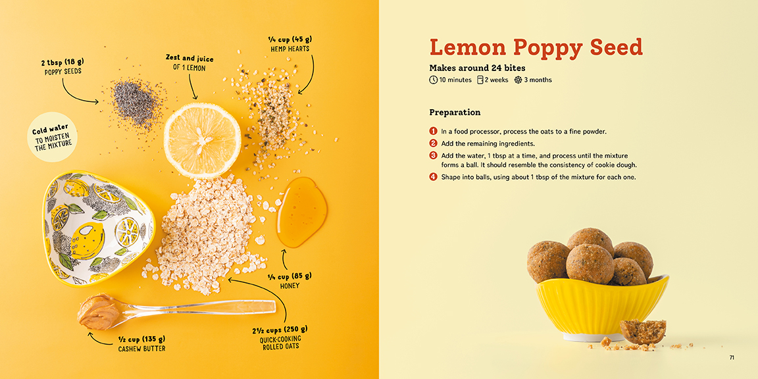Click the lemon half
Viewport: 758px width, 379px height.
(x=202, y=140)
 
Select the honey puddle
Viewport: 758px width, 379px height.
(x=301, y=212)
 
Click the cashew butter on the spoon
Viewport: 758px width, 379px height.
(x=98, y=311)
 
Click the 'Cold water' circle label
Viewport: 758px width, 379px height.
(x=52, y=138)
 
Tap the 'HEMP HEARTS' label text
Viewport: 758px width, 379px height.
(x=290, y=49)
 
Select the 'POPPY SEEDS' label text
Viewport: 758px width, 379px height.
(x=63, y=72)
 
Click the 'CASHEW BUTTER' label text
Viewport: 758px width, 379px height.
(x=141, y=349)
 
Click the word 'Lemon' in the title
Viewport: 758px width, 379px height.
(x=467, y=47)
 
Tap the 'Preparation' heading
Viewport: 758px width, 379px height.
(x=455, y=113)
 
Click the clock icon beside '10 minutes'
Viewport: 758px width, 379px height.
(x=433, y=80)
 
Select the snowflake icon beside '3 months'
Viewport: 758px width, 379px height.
(x=518, y=80)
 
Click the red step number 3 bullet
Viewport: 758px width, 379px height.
(x=433, y=156)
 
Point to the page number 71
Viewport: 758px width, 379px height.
(x=732, y=358)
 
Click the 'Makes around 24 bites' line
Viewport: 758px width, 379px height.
(x=477, y=68)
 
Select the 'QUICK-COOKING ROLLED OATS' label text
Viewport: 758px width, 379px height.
(x=280, y=342)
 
